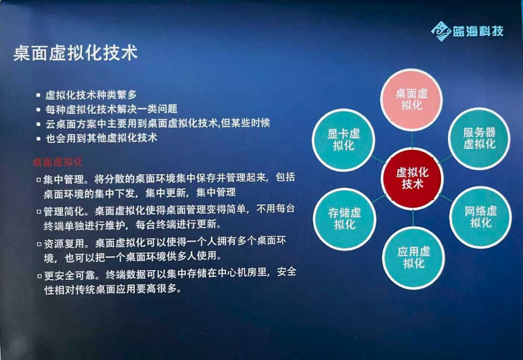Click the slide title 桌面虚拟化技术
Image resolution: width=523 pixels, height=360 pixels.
coord(75,53)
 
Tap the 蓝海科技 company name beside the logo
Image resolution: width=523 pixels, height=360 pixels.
coord(478,31)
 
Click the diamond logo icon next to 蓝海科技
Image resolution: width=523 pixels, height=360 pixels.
coord(441,31)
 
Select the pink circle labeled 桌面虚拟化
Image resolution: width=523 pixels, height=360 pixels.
coord(411,99)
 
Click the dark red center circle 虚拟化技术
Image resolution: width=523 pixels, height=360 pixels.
coord(412,178)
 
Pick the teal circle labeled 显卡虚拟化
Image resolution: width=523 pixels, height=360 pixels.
coord(343,140)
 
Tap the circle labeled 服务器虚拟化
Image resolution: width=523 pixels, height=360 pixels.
coord(479,138)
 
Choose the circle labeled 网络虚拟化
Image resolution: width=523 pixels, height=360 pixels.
coord(480,217)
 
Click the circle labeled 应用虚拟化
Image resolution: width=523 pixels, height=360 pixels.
coord(413,257)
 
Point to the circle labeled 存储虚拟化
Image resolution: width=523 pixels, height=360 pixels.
coord(345,219)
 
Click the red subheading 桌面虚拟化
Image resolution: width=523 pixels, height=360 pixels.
coord(57,162)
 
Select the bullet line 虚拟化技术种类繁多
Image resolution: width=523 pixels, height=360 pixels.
coord(91,95)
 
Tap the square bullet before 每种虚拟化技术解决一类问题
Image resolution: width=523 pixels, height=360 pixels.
coord(38,110)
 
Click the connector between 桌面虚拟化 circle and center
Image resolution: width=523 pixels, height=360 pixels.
coord(412,139)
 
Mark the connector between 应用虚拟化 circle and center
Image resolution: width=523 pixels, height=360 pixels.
coord(413,218)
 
